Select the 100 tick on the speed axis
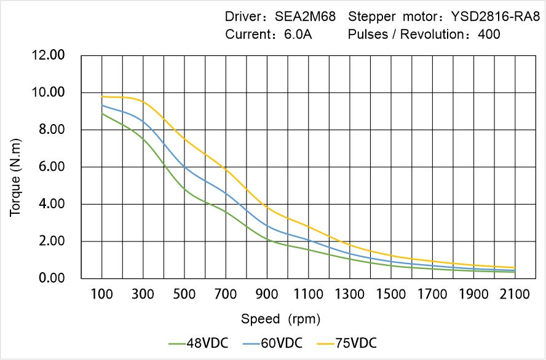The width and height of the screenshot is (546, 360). tap(102, 295)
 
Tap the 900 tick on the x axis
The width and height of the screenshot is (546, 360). tap(267, 295)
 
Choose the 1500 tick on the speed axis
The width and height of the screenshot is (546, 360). tap(391, 295)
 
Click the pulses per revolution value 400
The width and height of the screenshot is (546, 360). tap(489, 34)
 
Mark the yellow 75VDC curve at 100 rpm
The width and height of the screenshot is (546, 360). tap(102, 96)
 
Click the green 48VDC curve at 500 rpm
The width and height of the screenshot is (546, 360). tap(185, 189)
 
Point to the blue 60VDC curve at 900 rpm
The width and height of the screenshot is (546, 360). tap(267, 225)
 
